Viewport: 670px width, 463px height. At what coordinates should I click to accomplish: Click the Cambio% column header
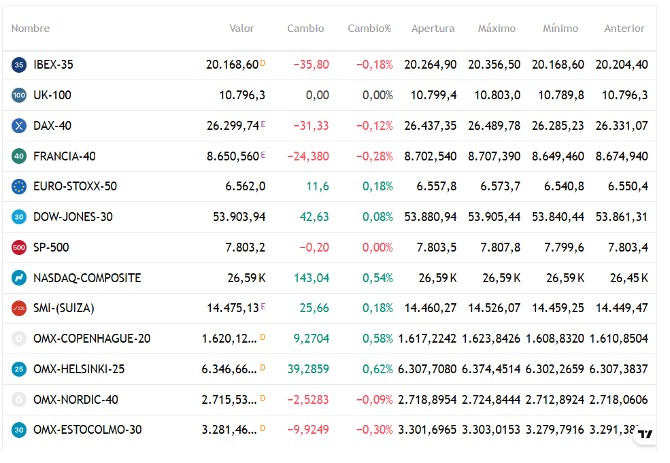pyautogui.click(x=369, y=29)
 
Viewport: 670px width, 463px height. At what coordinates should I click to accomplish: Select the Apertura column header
pyautogui.click(x=433, y=29)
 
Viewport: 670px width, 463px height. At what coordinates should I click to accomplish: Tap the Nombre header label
pyautogui.click(x=31, y=29)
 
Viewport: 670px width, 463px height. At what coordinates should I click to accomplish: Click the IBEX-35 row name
pyautogui.click(x=54, y=65)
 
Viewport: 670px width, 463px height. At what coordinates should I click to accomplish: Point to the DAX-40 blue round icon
pyautogui.click(x=19, y=126)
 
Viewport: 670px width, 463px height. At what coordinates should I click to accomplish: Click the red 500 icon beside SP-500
pyautogui.click(x=19, y=247)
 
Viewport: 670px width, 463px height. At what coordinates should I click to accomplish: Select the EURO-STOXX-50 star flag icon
pyautogui.click(x=19, y=186)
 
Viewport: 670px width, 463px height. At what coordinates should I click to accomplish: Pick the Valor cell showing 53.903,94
pyautogui.click(x=239, y=217)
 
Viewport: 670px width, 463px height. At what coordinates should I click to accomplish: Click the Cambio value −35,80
pyautogui.click(x=311, y=65)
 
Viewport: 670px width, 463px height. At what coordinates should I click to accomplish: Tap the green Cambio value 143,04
pyautogui.click(x=312, y=278)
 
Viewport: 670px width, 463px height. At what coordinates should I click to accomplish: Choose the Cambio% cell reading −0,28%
pyautogui.click(x=374, y=156)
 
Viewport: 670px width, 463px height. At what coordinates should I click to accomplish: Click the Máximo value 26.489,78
pyautogui.click(x=494, y=126)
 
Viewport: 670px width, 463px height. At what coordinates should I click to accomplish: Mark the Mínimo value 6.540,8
pyautogui.click(x=564, y=186)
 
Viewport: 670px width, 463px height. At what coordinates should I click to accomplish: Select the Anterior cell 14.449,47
pyautogui.click(x=622, y=308)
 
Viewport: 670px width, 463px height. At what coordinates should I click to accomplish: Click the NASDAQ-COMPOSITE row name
pyautogui.click(x=87, y=278)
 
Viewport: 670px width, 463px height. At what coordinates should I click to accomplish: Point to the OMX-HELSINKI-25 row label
pyautogui.click(x=79, y=369)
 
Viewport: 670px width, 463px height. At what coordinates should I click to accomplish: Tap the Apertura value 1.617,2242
pyautogui.click(x=427, y=339)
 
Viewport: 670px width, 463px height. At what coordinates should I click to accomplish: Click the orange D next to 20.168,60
pyautogui.click(x=263, y=63)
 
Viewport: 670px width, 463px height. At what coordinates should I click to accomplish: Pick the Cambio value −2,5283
pyautogui.click(x=308, y=400)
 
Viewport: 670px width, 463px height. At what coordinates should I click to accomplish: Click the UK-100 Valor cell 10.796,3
pyautogui.click(x=242, y=95)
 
